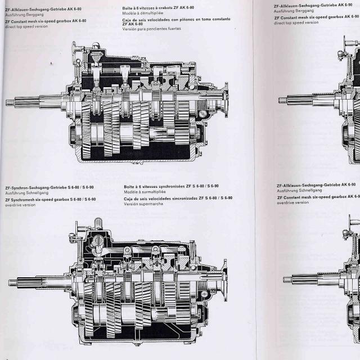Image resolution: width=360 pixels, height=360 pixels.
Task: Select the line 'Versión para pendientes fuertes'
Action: click(x=151, y=29)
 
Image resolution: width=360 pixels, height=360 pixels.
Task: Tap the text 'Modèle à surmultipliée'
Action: click(x=143, y=191)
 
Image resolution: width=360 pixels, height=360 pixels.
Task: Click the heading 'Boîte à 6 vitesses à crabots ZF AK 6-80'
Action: click(x=158, y=8)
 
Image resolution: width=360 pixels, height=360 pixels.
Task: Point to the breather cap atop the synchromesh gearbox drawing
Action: click(x=97, y=223)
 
